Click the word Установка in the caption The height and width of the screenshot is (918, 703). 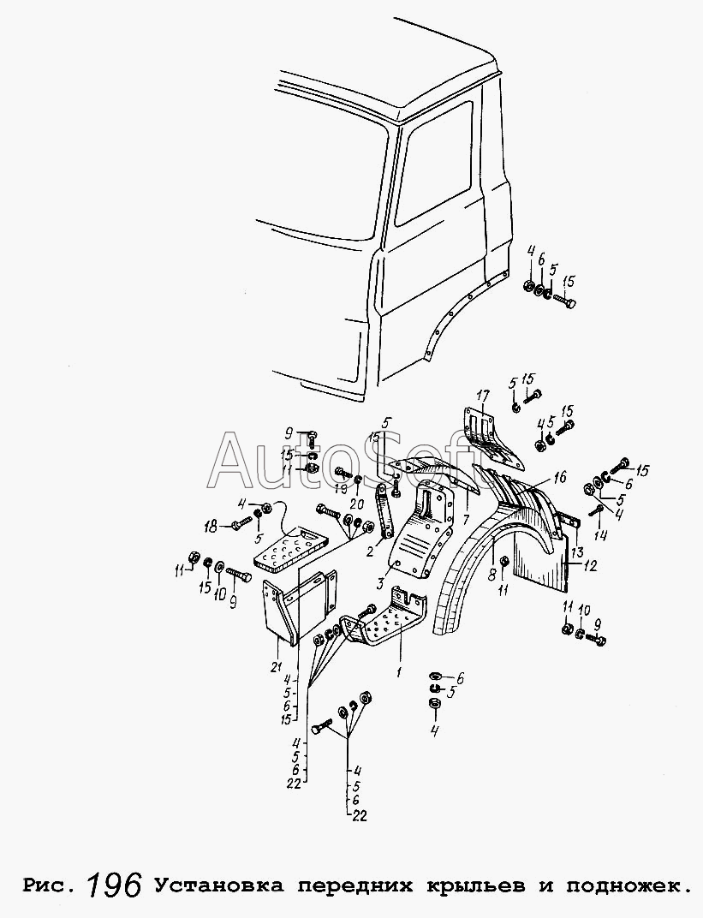(x=218, y=885)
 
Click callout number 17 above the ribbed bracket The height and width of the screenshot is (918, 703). (x=483, y=396)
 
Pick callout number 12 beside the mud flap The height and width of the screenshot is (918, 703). (x=590, y=565)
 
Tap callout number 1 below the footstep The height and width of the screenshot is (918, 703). (x=398, y=672)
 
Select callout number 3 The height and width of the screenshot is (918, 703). (x=378, y=584)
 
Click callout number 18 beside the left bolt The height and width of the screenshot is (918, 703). (x=208, y=525)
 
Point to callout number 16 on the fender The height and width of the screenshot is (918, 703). (x=559, y=477)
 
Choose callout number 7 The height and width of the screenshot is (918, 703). (x=466, y=521)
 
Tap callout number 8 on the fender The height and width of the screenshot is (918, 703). (x=493, y=572)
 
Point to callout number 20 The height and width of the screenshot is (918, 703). (x=357, y=504)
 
